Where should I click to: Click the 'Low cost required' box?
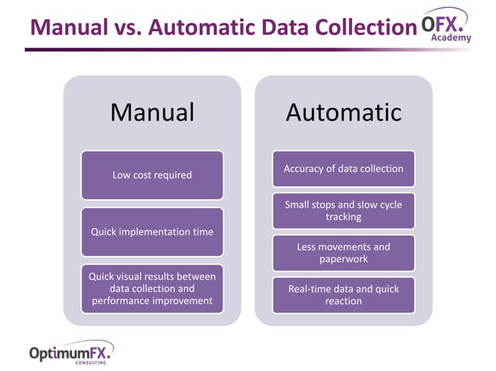click(152, 175)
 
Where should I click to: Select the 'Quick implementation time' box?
click(152, 231)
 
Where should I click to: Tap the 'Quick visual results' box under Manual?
click(152, 288)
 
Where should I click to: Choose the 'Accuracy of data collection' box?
click(343, 168)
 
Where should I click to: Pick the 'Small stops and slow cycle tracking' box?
click(343, 211)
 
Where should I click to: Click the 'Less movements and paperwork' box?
click(343, 253)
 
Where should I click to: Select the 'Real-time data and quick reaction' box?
click(343, 295)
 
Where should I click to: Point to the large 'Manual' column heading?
click(152, 113)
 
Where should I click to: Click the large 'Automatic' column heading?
click(343, 113)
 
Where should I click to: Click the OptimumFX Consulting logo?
click(71, 354)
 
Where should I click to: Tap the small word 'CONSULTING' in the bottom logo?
click(91, 362)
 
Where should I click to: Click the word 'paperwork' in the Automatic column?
click(343, 259)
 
